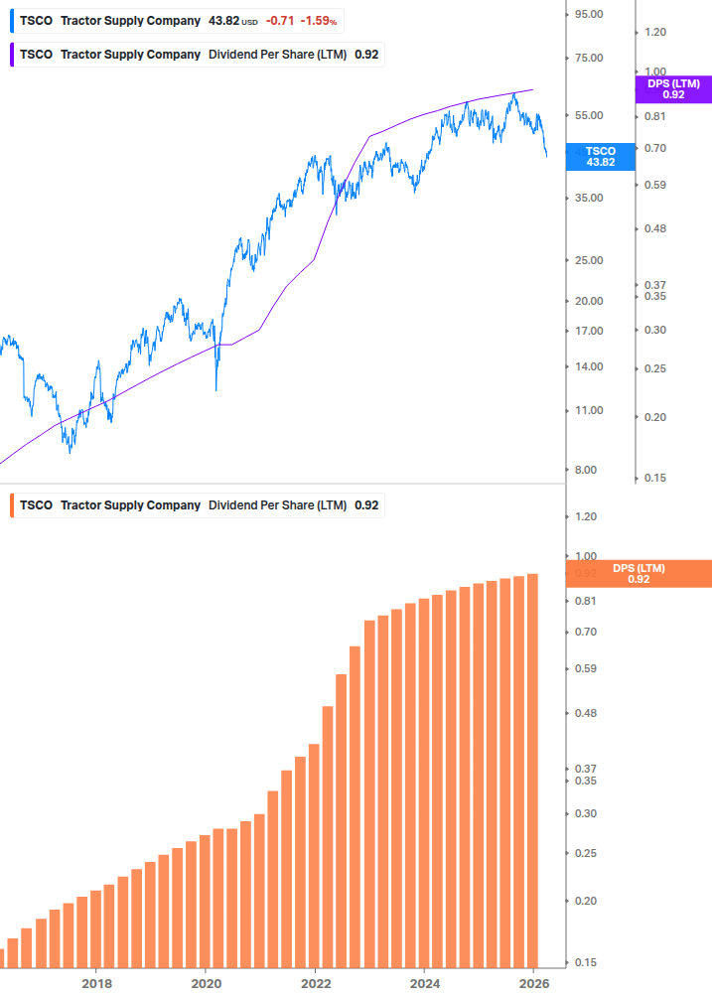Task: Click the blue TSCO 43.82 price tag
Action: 600,156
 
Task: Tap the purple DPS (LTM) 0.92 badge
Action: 673,89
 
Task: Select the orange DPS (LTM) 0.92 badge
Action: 638,573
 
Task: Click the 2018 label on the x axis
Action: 96,983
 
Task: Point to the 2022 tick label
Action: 315,983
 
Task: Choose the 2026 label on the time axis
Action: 533,983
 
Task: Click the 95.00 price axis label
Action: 589,14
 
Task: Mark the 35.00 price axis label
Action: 589,198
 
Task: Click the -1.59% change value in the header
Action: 319,21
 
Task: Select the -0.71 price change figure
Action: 280,21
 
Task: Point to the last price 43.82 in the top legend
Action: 224,21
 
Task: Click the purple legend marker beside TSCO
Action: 12,55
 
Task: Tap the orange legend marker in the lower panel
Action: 12,505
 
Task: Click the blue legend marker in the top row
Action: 12,21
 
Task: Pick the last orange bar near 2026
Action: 532,770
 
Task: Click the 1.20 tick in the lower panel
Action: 586,516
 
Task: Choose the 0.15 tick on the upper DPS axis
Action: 654,478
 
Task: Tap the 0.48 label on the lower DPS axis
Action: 586,713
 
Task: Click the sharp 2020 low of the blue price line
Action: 216,389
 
